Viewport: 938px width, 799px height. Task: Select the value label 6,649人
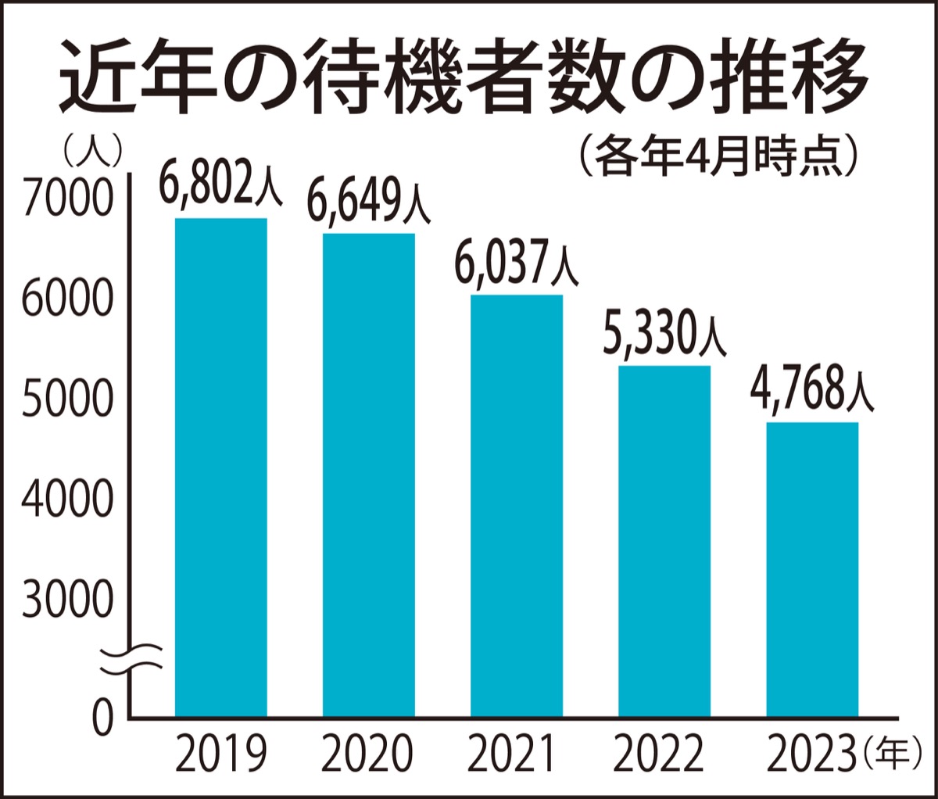point(367,199)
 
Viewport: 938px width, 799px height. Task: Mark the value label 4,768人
point(813,391)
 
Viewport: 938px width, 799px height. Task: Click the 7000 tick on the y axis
point(67,199)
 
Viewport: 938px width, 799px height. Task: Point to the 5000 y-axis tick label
point(67,399)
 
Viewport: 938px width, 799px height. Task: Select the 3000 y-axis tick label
point(67,600)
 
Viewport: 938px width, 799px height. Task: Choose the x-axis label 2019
point(220,754)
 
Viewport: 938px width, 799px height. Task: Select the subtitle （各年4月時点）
point(719,156)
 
